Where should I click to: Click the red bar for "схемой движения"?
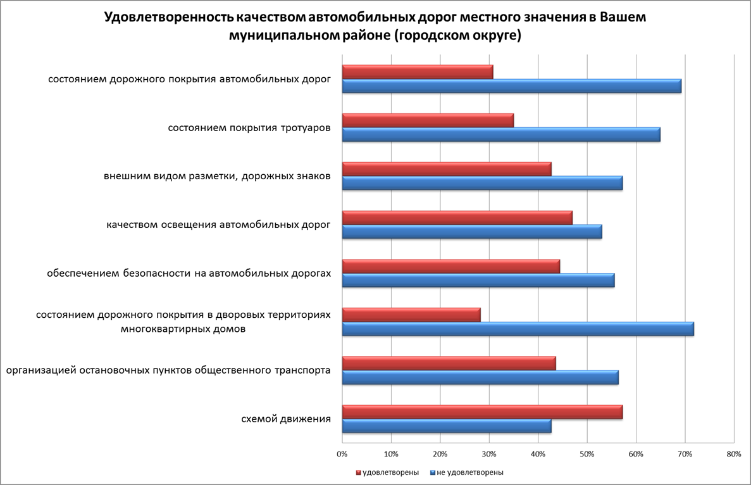pos(482,412)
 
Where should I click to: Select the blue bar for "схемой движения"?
pos(447,427)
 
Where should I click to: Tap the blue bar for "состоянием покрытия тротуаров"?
pos(501,135)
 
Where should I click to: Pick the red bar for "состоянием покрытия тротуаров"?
pos(428,120)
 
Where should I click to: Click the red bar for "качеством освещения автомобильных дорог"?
pos(457,218)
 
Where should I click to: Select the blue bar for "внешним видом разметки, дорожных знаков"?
pos(482,184)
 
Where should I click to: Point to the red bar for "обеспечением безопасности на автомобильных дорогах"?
pos(451,267)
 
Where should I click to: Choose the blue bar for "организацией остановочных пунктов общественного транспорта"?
pos(480,378)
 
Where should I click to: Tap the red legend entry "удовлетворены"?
pos(390,472)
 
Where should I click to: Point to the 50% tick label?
pos(587,454)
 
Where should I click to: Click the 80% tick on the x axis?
pos(734,454)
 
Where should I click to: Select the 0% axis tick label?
pos(342,454)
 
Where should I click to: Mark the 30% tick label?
pos(489,454)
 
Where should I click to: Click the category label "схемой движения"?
pos(286,419)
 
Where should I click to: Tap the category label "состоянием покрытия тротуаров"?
pos(249,128)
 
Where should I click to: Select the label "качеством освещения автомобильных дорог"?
pos(218,225)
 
